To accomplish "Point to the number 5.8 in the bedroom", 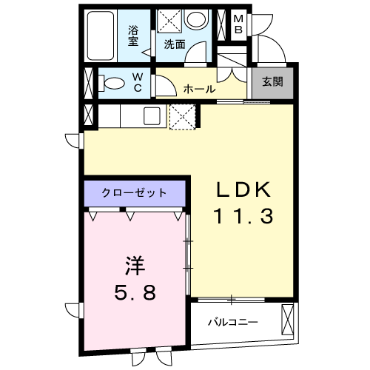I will point(134,293).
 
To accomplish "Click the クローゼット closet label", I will point(135,193).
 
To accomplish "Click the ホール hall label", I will point(199,89).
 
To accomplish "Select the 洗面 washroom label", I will point(175,44).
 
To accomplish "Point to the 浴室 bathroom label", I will point(134,36).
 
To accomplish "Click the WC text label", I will point(138,82).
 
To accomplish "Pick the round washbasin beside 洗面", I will point(196,21).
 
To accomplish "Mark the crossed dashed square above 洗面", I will point(169,21).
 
